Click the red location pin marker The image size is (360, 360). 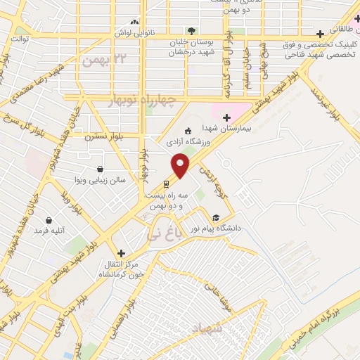pos(181,164)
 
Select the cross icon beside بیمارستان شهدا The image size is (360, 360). pos(226,117)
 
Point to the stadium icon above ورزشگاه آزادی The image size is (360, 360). pos(188,131)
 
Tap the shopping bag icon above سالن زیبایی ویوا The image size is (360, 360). pos(101,169)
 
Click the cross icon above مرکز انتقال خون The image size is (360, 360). pos(121,253)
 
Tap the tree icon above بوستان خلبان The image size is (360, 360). pos(191,30)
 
